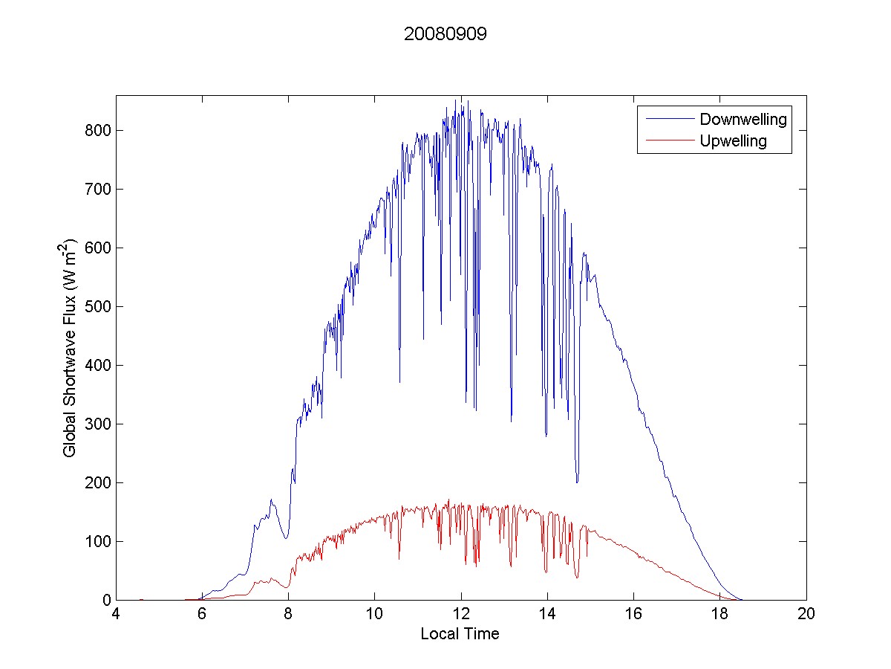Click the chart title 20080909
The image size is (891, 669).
pyautogui.click(x=446, y=34)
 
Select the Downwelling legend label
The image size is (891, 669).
pyautogui.click(x=742, y=119)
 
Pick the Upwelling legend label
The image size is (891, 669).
pyautogui.click(x=733, y=141)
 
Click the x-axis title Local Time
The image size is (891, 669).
pyautogui.click(x=460, y=634)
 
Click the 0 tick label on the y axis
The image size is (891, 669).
pyautogui.click(x=105, y=600)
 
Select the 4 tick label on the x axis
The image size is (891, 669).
pyautogui.click(x=116, y=615)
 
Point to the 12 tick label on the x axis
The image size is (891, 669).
pyautogui.click(x=461, y=615)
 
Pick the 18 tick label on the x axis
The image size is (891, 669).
pyautogui.click(x=719, y=615)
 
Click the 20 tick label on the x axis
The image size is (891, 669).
pyautogui.click(x=806, y=615)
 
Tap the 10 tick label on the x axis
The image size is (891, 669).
pyautogui.click(x=375, y=615)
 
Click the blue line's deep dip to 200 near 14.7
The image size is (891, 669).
pyautogui.click(x=577, y=482)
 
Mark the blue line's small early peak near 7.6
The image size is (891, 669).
pyautogui.click(x=271, y=500)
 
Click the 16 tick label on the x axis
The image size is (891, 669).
pyautogui.click(x=633, y=615)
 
